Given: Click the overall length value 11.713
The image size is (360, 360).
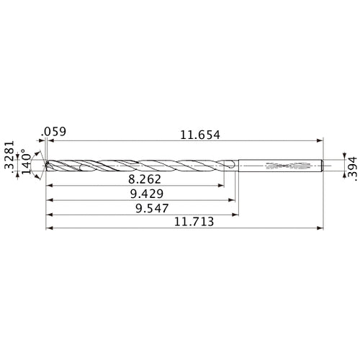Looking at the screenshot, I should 191,223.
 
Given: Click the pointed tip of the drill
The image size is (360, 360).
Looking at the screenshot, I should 45,166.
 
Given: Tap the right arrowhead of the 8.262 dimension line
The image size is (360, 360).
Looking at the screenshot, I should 222,186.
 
